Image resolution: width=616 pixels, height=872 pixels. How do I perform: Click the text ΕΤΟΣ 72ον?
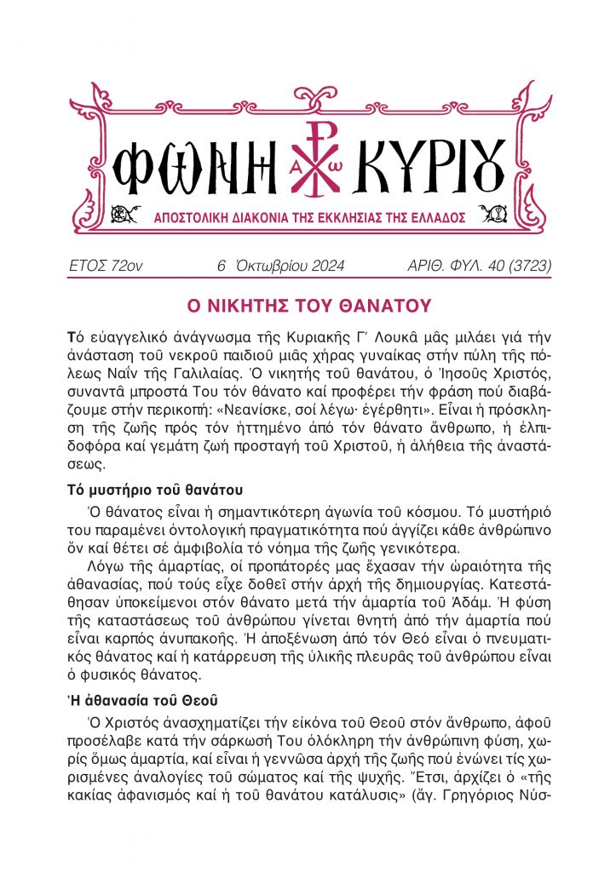tap(105, 267)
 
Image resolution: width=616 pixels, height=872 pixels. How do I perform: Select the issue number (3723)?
tap(524, 267)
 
